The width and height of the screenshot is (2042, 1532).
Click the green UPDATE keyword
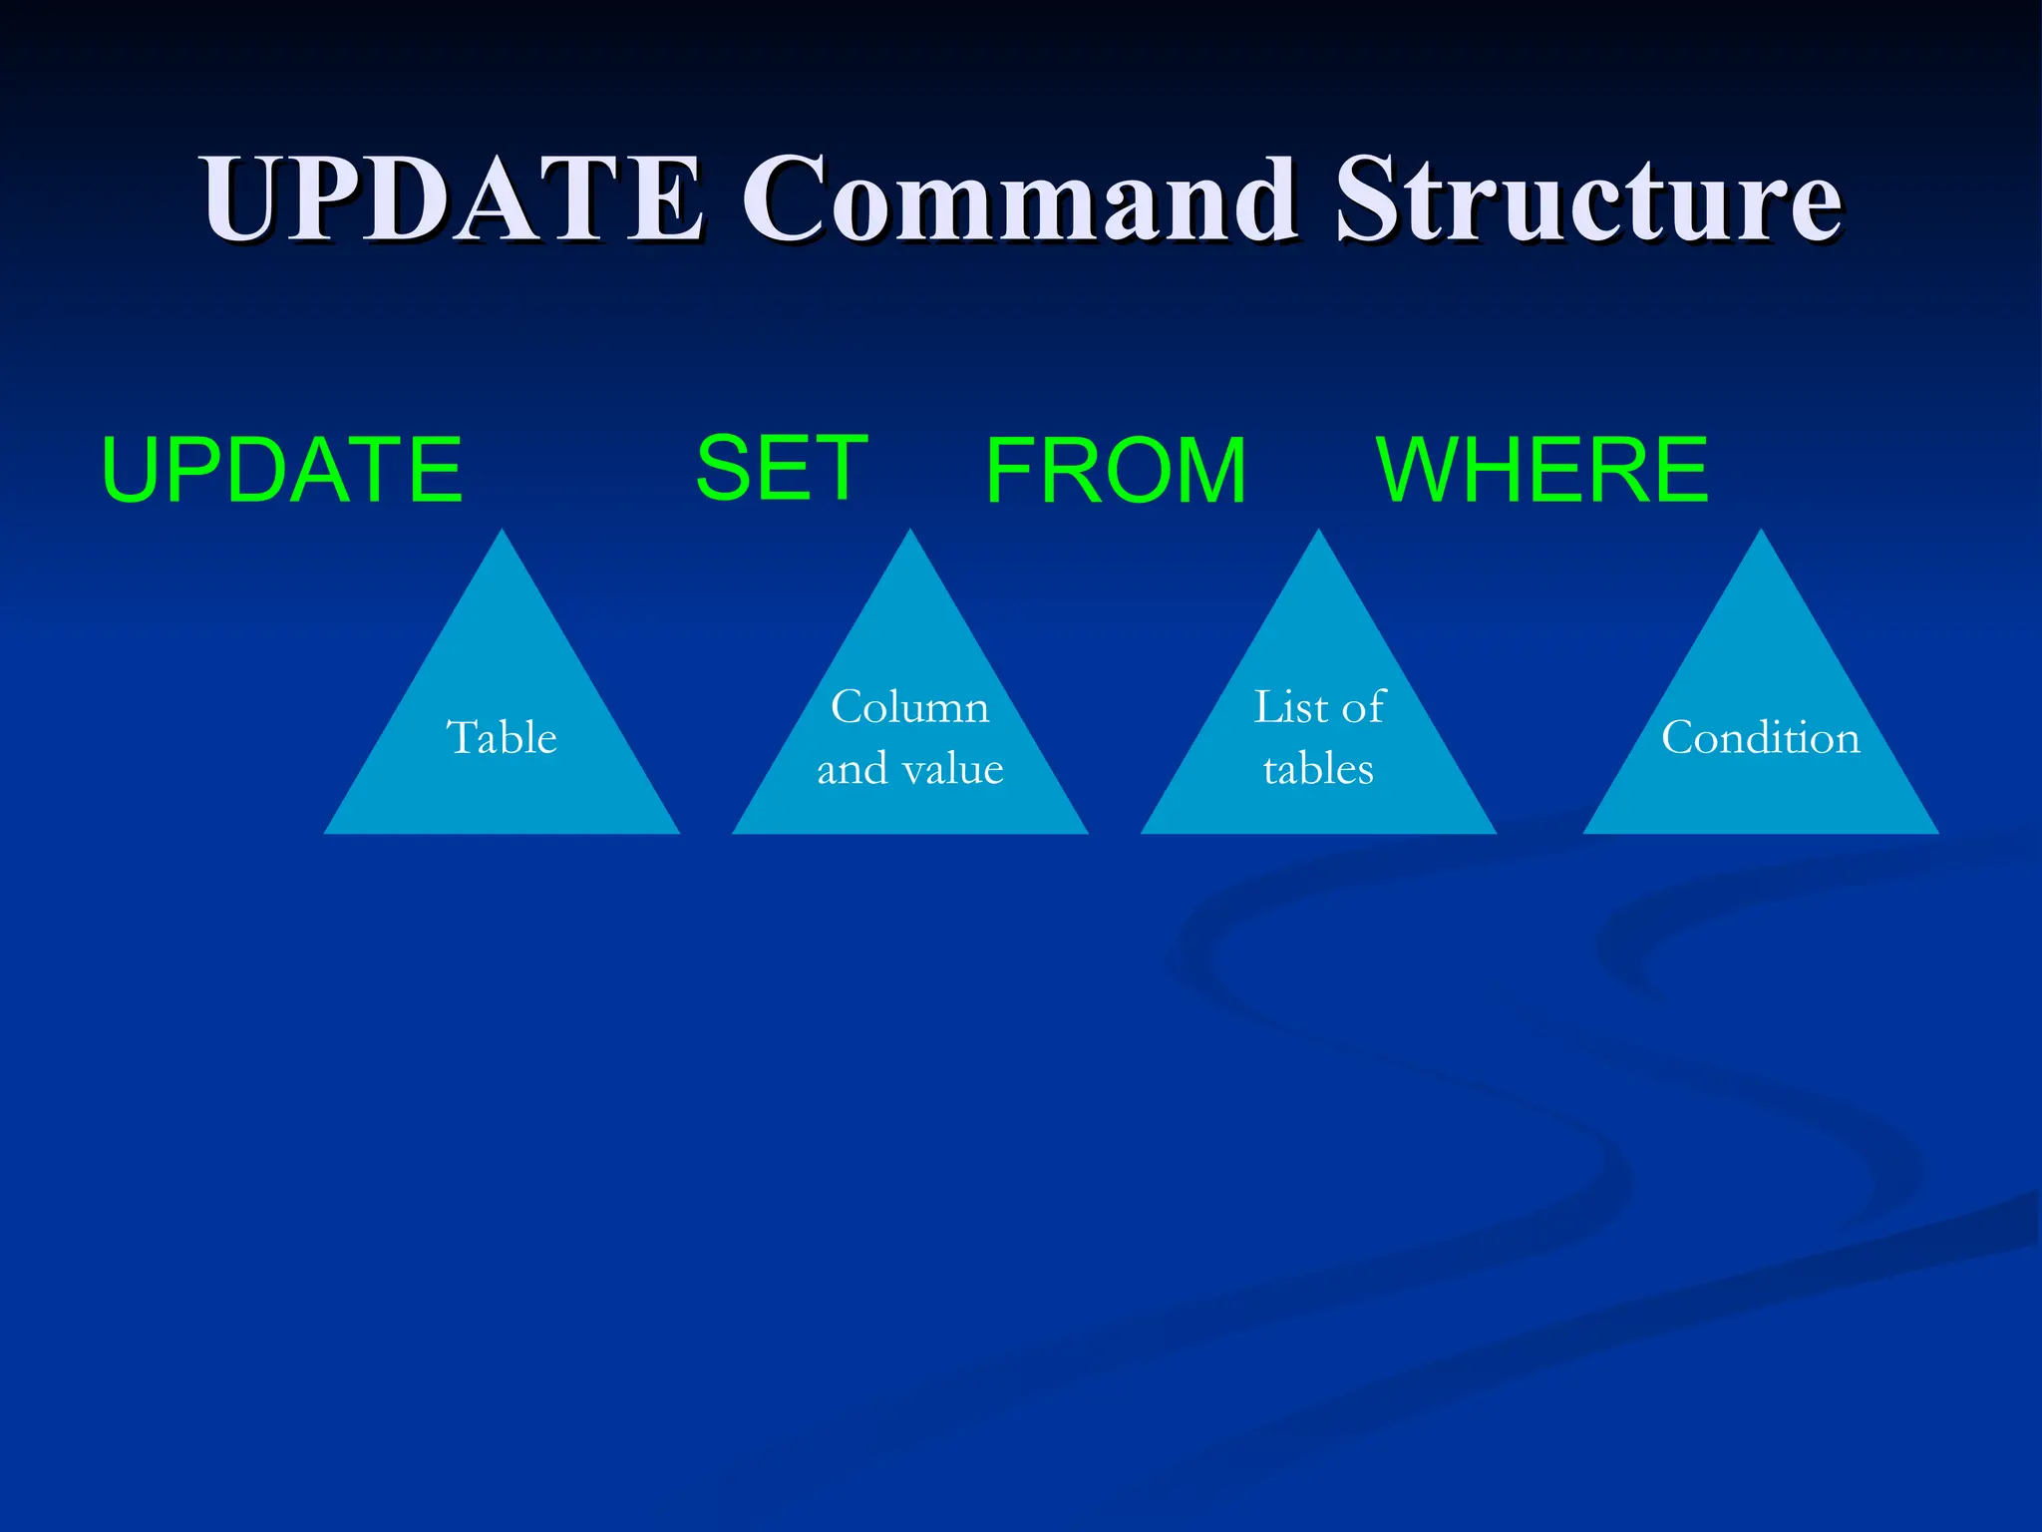click(282, 470)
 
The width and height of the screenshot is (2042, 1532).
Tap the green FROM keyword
click(1116, 470)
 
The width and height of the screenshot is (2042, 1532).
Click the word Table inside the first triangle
click(502, 738)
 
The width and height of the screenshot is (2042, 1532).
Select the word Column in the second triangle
click(909, 707)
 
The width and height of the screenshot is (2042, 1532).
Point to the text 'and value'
click(909, 769)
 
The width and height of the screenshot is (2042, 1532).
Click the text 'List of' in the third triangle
click(1318, 707)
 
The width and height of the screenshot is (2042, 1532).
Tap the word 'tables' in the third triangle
click(1318, 769)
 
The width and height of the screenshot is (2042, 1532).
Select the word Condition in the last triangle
click(1760, 738)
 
